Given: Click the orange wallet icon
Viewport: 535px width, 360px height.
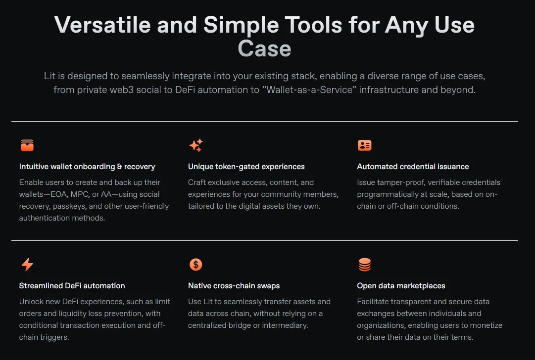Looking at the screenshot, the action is tap(27, 145).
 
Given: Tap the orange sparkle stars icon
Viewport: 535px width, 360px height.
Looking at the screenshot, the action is tap(196, 145).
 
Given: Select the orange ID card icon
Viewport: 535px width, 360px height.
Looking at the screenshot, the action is tap(364, 145).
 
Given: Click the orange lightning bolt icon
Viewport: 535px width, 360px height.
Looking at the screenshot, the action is tap(27, 264).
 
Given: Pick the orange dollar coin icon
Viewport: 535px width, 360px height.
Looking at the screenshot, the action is tap(196, 265).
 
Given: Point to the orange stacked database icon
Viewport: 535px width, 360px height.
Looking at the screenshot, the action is tap(365, 265).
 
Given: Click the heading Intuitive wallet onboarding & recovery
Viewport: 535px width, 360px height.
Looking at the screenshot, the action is tap(87, 167).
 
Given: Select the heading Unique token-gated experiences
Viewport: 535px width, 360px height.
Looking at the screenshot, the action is tap(246, 167).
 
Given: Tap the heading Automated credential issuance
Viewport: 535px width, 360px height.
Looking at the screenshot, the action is tap(413, 167).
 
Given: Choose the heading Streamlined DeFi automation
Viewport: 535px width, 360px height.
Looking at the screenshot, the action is tap(72, 286).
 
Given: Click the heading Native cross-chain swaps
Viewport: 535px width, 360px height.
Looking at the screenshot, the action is tap(234, 286).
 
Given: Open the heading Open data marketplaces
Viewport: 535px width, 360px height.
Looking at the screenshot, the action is tap(401, 286).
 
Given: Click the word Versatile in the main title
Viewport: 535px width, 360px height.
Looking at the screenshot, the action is tap(102, 25).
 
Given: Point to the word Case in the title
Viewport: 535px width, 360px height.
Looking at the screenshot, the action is tap(264, 48).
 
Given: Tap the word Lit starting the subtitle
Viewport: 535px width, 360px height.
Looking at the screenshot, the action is tap(49, 76).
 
